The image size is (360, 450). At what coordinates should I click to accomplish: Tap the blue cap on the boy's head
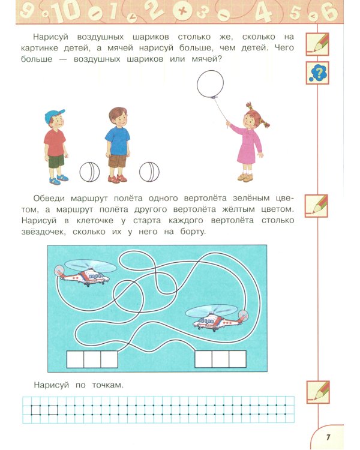54,115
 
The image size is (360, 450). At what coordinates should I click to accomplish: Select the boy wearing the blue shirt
117,144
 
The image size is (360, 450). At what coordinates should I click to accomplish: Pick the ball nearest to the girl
149,172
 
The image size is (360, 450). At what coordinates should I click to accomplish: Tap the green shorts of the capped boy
56,161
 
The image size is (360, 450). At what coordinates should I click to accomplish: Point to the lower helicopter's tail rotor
243,315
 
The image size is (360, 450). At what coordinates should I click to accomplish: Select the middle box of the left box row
92,359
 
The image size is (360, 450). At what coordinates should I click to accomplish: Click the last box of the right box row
238,359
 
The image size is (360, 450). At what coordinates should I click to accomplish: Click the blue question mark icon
317,73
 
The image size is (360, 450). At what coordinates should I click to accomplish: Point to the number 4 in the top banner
262,12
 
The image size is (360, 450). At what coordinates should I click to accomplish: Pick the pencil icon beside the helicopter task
317,205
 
